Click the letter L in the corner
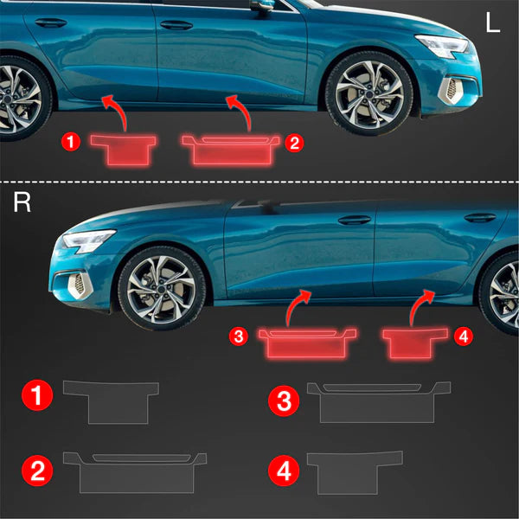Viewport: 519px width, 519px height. point(493,23)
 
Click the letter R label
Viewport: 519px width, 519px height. point(22,202)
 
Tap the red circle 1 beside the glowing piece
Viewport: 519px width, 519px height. point(71,142)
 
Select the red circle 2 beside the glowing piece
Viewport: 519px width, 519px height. point(294,144)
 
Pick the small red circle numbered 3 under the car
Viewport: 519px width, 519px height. point(239,336)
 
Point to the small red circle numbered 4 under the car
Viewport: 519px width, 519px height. point(464,336)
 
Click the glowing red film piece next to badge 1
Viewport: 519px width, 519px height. point(123,150)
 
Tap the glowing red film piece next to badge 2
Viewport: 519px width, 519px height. point(231,150)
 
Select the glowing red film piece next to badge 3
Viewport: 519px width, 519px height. point(307,343)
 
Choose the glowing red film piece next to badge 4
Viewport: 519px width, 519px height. point(415,343)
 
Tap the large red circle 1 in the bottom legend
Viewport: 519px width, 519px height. point(37,395)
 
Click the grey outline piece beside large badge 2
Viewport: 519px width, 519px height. point(136,472)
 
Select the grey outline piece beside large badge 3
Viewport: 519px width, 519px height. point(378,402)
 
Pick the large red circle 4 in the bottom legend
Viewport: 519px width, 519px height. point(284,471)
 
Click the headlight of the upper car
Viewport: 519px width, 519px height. point(442,46)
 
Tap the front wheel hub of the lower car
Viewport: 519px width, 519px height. point(162,289)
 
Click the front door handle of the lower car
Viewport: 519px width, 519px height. point(354,220)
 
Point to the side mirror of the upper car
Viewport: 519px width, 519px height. point(261,4)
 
